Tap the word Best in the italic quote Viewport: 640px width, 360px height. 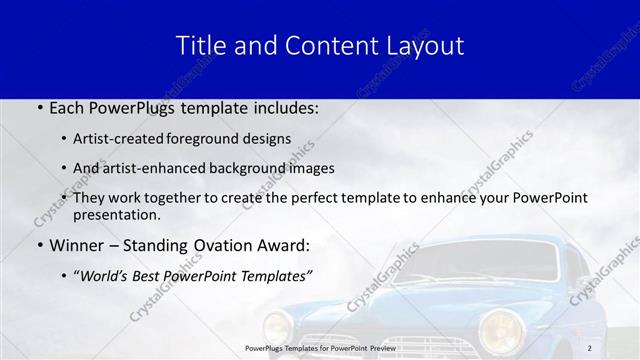tap(152, 276)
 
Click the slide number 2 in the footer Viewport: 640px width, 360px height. tap(591, 348)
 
